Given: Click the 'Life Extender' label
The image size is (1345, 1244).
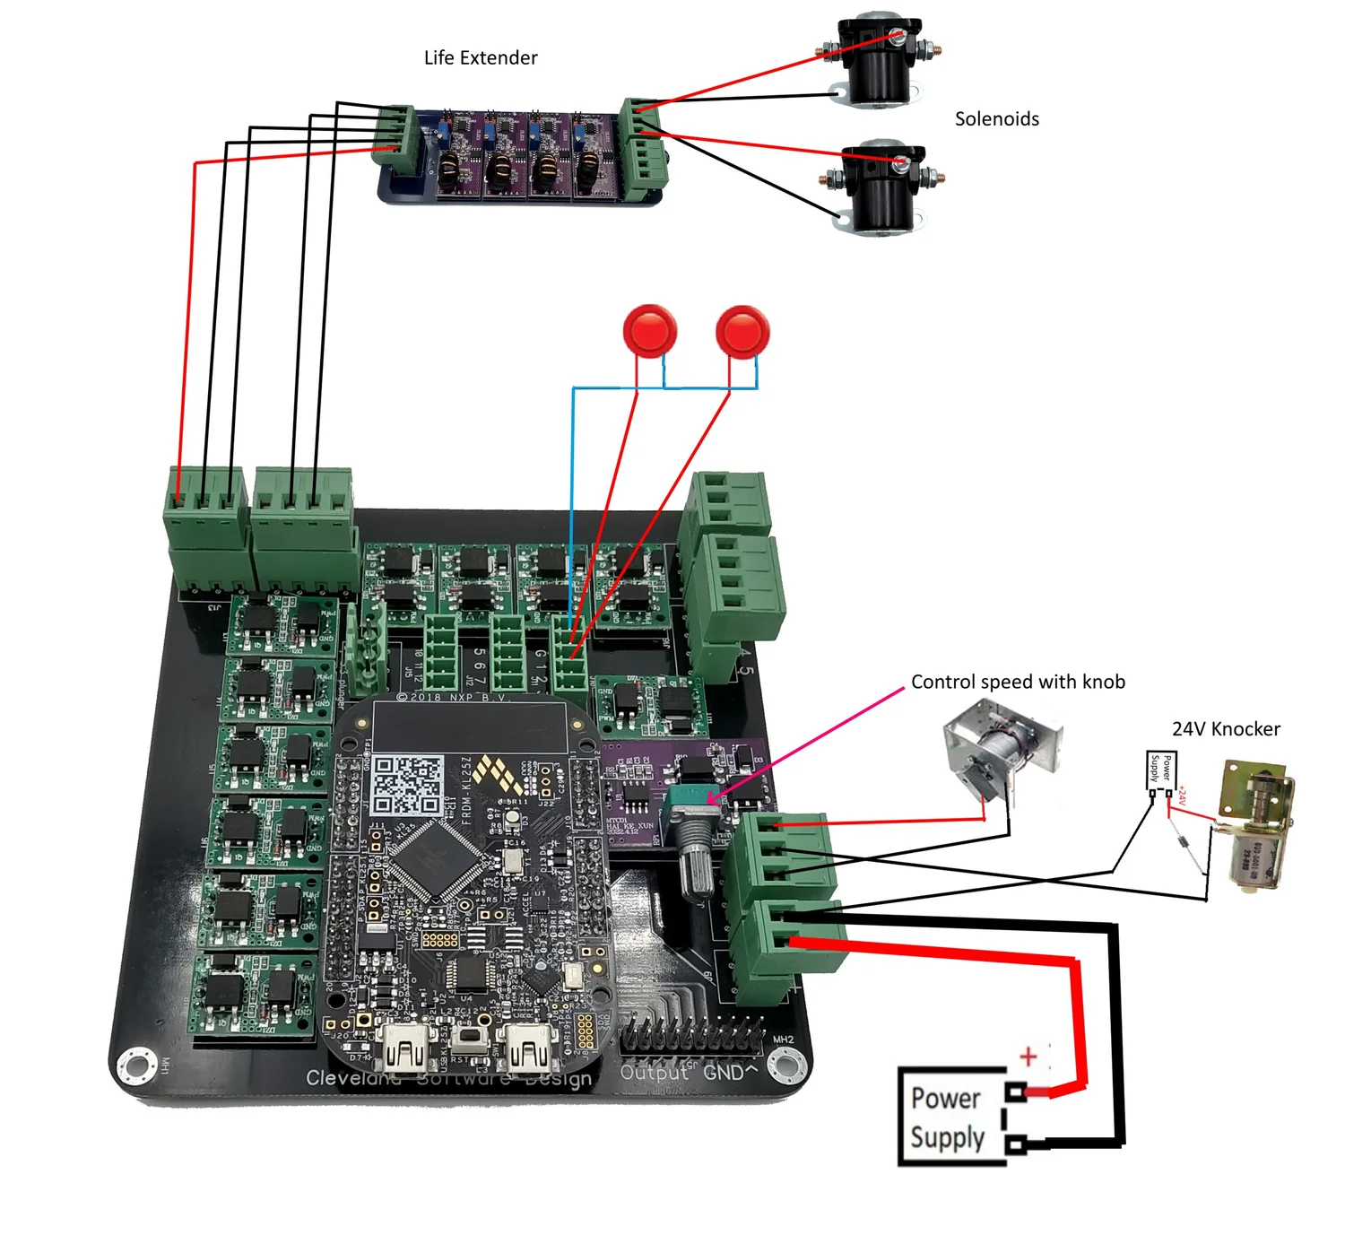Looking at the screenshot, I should coord(481,57).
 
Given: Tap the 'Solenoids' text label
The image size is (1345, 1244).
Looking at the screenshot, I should coord(996,118).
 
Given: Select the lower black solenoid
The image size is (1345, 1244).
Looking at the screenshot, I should coord(883,188).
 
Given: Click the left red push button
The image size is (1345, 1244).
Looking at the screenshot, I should coord(650,331).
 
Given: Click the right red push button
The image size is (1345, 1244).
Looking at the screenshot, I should coord(742,332).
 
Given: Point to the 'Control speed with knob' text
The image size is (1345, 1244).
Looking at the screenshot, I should coord(1018,682).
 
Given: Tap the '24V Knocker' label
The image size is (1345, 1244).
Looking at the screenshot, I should coord(1226,729).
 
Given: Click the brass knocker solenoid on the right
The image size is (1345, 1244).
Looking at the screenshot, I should coord(1255,825).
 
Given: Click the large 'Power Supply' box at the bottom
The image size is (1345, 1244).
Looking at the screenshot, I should coord(950,1118).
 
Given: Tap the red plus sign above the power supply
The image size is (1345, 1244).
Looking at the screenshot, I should coord(1028,1057).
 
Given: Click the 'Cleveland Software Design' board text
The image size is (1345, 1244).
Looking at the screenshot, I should coord(448,1078).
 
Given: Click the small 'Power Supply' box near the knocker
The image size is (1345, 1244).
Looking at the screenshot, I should coord(1161,770).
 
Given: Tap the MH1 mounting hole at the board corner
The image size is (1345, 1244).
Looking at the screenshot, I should coord(137,1066).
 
